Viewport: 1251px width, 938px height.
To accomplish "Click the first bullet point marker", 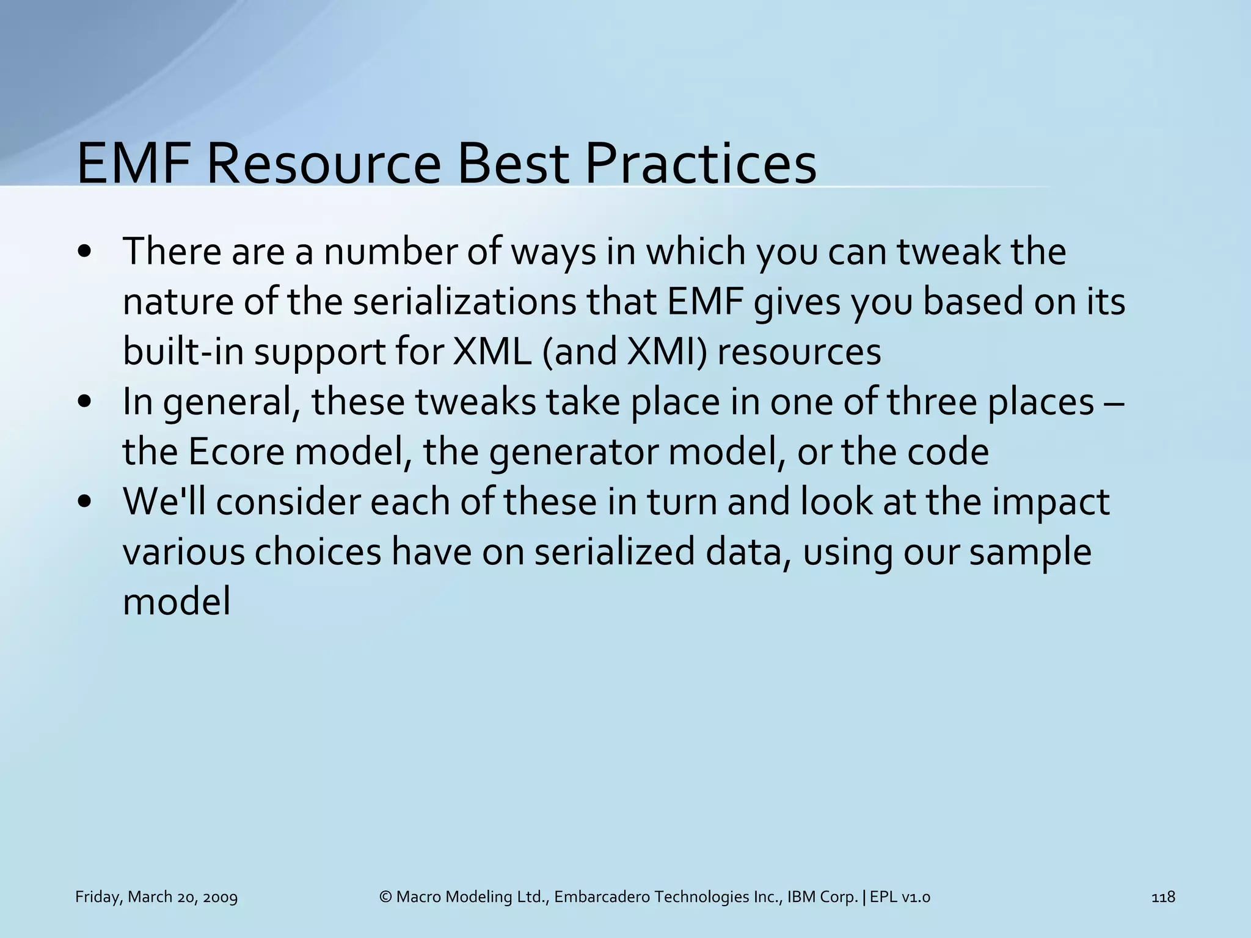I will click(x=85, y=252).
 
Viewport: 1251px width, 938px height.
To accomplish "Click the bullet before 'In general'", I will click(x=85, y=402).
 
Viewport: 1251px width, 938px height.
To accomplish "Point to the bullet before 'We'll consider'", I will click(x=85, y=503).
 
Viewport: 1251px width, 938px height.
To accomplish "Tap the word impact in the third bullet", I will click(x=1050, y=503).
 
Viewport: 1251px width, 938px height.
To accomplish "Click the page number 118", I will click(x=1162, y=897).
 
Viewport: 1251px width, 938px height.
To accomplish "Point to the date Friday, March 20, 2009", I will click(x=156, y=897).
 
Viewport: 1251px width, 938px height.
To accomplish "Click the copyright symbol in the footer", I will click(x=385, y=897).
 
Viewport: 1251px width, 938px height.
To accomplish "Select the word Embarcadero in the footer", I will click(x=602, y=897).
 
